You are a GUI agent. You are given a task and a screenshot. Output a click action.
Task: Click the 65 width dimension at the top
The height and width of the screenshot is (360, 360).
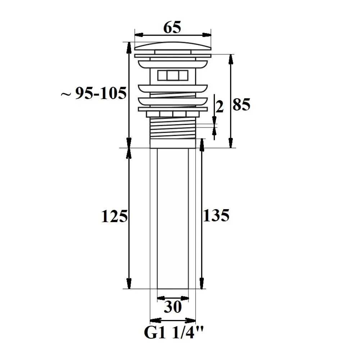[172, 27]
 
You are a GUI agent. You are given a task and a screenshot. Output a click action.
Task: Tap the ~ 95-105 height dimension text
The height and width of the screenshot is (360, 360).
[94, 93]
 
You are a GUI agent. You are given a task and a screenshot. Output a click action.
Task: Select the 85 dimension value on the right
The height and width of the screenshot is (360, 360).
[241, 104]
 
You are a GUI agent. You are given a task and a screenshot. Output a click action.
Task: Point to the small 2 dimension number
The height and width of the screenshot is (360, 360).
[220, 107]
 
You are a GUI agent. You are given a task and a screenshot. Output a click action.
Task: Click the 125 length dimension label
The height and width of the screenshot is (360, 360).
[114, 216]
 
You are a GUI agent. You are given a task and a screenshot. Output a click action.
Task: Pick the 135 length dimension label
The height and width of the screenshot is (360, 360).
[216, 215]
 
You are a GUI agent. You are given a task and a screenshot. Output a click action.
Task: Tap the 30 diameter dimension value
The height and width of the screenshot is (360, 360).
[173, 307]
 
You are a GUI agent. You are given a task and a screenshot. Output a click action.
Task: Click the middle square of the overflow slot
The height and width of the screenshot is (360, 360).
[173, 75]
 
